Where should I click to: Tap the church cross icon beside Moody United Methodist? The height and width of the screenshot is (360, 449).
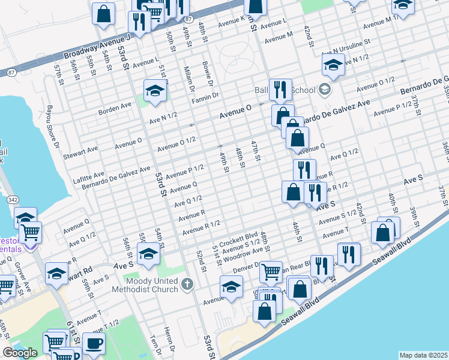tap(187, 283)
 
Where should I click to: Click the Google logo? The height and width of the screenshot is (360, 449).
tap(20, 353)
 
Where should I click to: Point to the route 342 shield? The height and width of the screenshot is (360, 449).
tap(12, 199)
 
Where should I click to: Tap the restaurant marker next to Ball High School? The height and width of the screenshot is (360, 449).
tap(280, 89)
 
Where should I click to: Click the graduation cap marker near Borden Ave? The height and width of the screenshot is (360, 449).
tap(155, 91)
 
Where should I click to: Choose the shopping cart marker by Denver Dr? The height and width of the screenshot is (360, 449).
tap(271, 271)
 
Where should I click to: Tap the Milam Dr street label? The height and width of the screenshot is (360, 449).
tap(187, 79)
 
